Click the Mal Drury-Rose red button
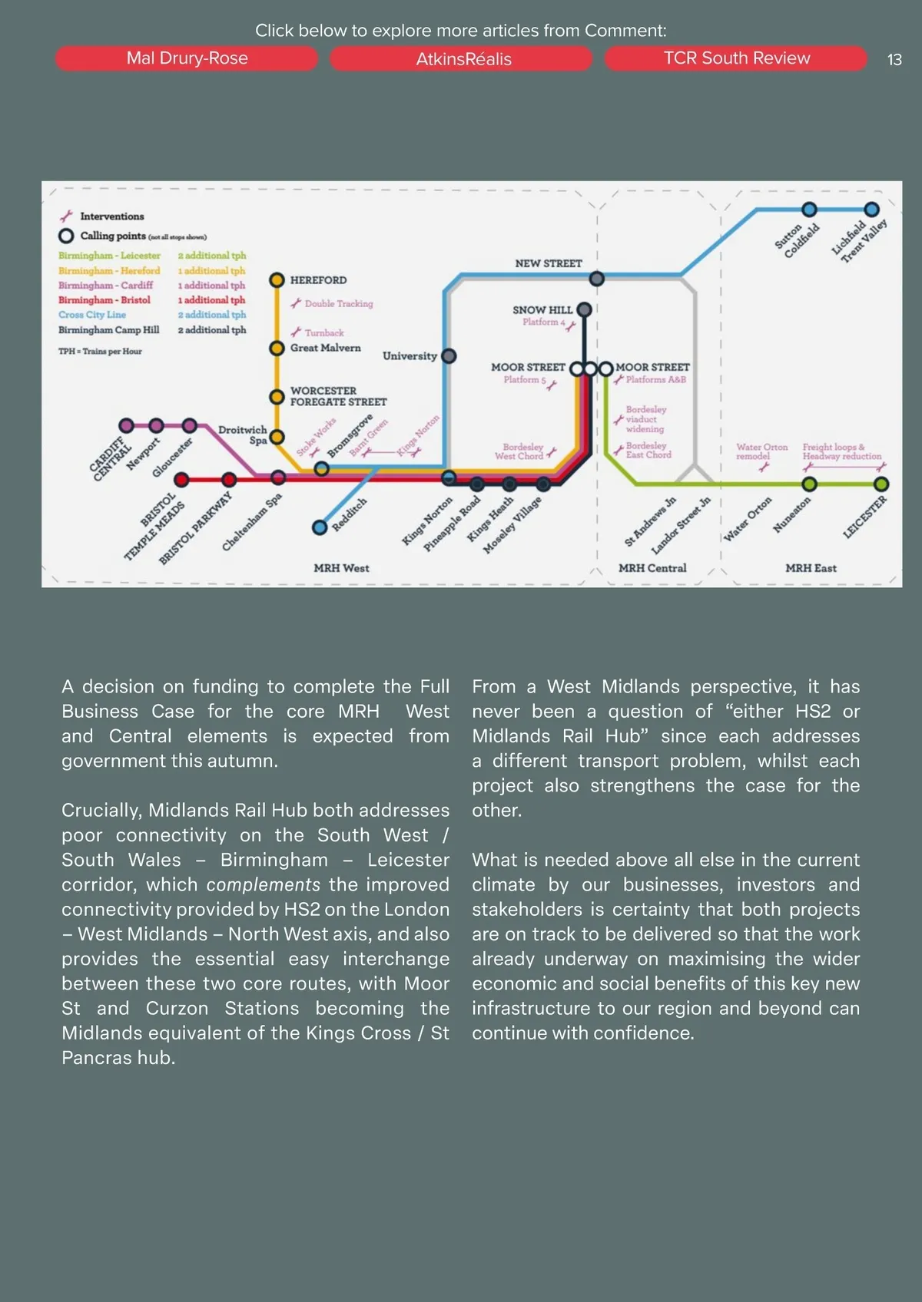pyautogui.click(x=187, y=58)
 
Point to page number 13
pyautogui.click(x=894, y=60)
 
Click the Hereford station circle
pyautogui.click(x=277, y=280)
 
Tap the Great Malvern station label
pyautogui.click(x=325, y=348)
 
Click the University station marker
pyautogui.click(x=449, y=356)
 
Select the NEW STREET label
pyautogui.click(x=549, y=263)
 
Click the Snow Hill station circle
pyautogui.click(x=585, y=309)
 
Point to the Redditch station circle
pyautogui.click(x=320, y=527)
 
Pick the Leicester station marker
pyautogui.click(x=881, y=484)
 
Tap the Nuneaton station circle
pyautogui.click(x=809, y=484)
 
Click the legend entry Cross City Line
pyautogui.click(x=92, y=315)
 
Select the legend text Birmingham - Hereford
pyautogui.click(x=109, y=271)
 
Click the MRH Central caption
pyautogui.click(x=652, y=568)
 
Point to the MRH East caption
pyautogui.click(x=811, y=568)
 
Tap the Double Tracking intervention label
pyautogui.click(x=339, y=304)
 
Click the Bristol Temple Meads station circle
pyautogui.click(x=181, y=480)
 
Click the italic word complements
pyautogui.click(x=264, y=884)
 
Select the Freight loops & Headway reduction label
pyautogui.click(x=841, y=451)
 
